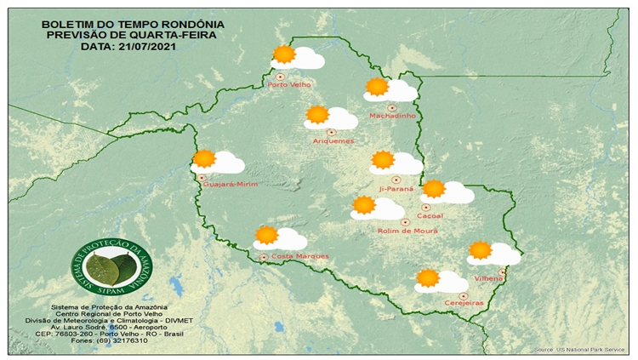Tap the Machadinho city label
click(x=391, y=116)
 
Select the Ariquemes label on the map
click(x=333, y=140)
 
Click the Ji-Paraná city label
click(x=396, y=188)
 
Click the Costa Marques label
click(x=293, y=256)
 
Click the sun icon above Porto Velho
click(x=284, y=54)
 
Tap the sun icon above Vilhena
click(x=480, y=249)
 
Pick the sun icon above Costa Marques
click(x=266, y=234)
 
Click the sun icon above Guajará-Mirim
click(x=203, y=157)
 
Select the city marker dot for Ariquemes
click(x=331, y=132)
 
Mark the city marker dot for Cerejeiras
click(x=463, y=294)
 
